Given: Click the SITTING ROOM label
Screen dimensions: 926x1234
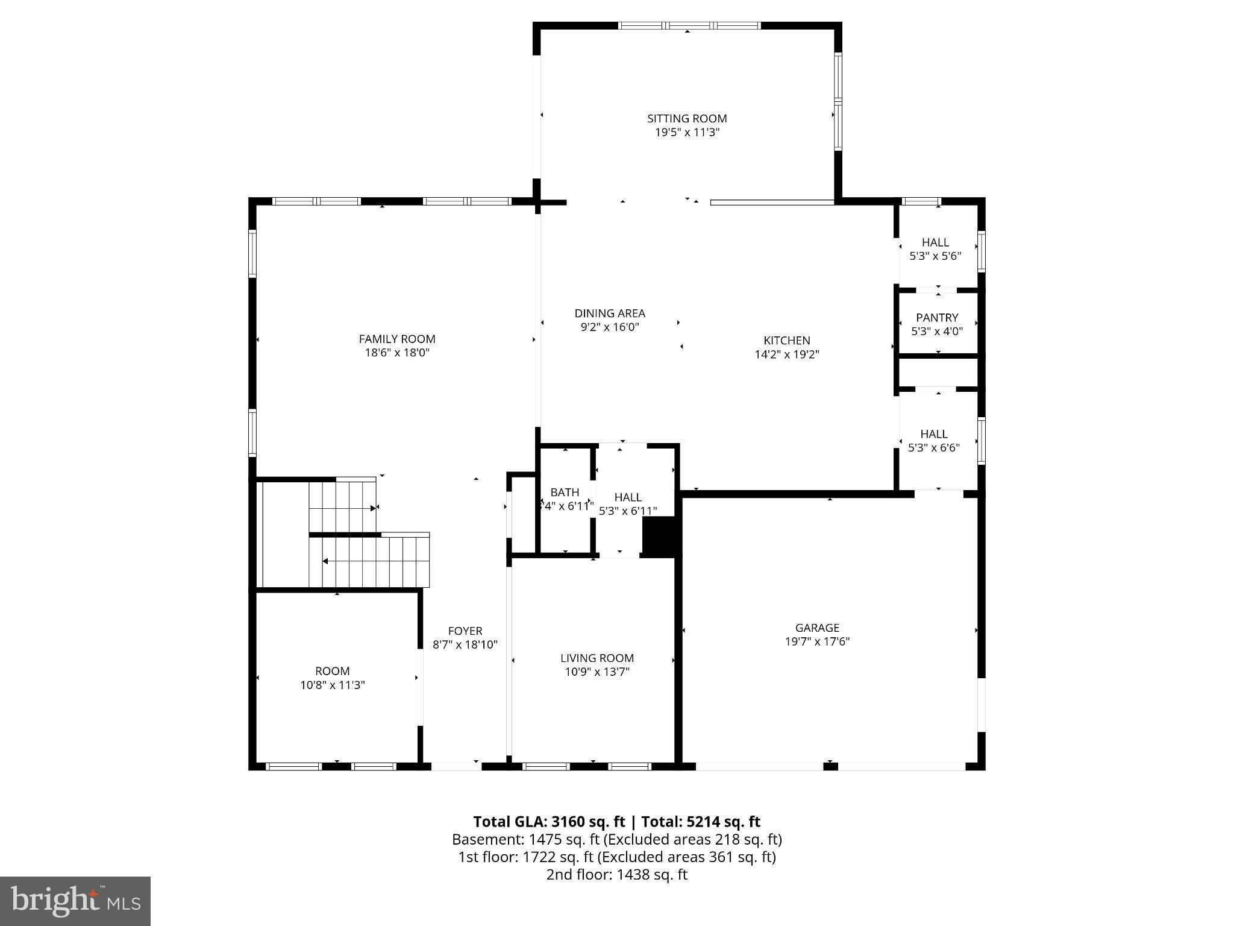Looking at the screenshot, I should pyautogui.click(x=687, y=119).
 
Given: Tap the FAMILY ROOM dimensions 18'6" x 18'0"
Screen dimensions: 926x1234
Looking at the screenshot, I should pyautogui.click(x=397, y=353).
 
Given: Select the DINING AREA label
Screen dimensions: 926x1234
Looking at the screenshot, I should pyautogui.click(x=610, y=313).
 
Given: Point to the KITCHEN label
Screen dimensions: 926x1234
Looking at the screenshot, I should pyautogui.click(x=787, y=341).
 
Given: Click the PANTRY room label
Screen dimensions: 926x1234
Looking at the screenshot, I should pyautogui.click(x=937, y=318).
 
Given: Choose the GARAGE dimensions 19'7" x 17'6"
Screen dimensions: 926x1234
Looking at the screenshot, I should pyautogui.click(x=817, y=642).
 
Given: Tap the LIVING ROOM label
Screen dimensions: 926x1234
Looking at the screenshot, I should pyautogui.click(x=597, y=658).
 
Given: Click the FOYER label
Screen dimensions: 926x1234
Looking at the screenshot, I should pyautogui.click(x=465, y=631).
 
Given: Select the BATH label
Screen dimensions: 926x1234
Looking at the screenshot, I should pyautogui.click(x=565, y=493).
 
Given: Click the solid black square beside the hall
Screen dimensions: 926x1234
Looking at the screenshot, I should pyautogui.click(x=660, y=536).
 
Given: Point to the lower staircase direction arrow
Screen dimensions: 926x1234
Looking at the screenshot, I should pyautogui.click(x=325, y=561).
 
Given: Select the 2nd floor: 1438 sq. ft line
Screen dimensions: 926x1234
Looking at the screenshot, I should pyautogui.click(x=616, y=875).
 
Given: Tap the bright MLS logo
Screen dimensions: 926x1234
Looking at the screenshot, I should pyautogui.click(x=75, y=901).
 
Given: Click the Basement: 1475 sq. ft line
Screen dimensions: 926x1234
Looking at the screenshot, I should pyautogui.click(x=616, y=839).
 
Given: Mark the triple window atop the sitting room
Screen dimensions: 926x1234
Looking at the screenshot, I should pyautogui.click(x=690, y=26).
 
